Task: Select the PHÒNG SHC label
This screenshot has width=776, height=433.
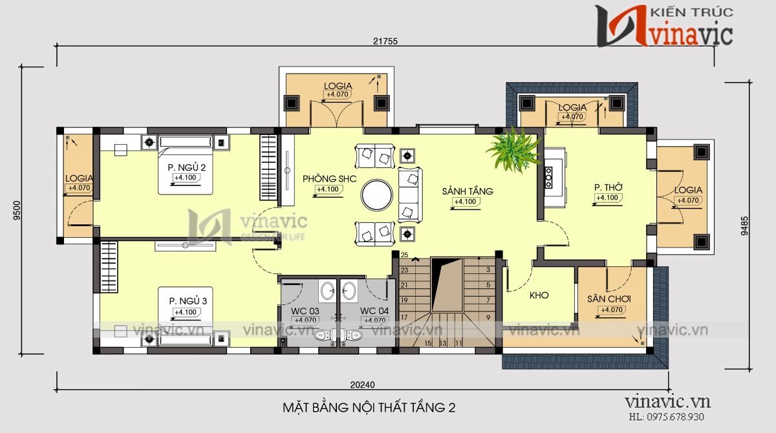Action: point(325,179)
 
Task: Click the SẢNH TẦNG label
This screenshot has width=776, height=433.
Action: point(468,191)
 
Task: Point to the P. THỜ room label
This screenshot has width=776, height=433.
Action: point(608,187)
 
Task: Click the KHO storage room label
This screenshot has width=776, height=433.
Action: point(539,295)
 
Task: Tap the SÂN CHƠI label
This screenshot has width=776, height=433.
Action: point(609,299)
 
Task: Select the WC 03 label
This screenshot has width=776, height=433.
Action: point(305,312)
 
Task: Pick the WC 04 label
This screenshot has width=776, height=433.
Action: point(375,312)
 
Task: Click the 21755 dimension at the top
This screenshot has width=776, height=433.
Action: point(385,41)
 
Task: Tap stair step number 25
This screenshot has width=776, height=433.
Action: point(404,255)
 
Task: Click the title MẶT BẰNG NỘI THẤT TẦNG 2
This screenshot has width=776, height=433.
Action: point(369,408)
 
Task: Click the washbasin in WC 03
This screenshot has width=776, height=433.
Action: point(328,291)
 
